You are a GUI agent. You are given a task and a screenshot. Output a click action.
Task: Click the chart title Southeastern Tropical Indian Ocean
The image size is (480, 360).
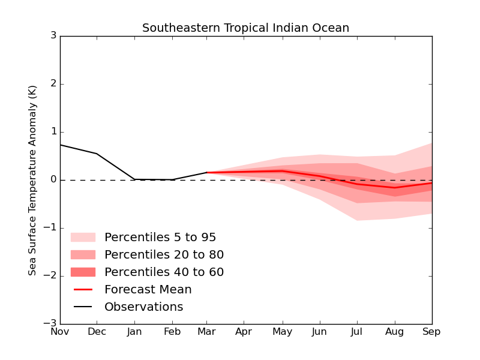pos(245,28)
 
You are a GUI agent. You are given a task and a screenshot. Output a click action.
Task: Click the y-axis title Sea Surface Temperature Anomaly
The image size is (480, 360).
pos(33,180)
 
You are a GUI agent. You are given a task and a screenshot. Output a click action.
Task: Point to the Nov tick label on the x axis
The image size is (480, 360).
pos(60,332)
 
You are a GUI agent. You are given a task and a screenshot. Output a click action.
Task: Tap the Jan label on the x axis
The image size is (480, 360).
pos(134,332)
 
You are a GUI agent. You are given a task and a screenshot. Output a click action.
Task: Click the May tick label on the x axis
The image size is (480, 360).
pos(283,332)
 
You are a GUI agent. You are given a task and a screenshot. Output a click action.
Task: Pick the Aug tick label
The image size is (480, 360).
pos(395,332)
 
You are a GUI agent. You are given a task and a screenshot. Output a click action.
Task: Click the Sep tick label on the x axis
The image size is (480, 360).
pos(432,332)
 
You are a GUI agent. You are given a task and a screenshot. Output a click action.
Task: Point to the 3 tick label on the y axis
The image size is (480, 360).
pos(53,36)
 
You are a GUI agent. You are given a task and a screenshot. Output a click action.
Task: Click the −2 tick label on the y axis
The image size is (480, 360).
pos(50,276)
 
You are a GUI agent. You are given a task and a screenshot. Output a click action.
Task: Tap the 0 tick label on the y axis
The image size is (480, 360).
pos(53,180)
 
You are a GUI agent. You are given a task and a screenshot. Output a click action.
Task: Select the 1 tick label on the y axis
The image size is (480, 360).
pos(53,132)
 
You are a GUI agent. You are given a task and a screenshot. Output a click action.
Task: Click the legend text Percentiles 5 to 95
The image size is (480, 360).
pos(160,238)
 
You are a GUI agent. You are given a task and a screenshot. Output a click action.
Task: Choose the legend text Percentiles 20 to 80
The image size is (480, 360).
pos(164,255)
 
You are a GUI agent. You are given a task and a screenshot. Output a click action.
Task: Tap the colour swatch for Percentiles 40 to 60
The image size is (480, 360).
pos(83,272)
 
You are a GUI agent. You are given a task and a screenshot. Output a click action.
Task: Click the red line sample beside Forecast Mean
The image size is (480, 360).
pos(83,290)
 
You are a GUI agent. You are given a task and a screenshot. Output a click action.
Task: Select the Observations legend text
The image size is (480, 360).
pos(144,307)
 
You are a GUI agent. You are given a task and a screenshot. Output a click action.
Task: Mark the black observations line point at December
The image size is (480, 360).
pos(97,154)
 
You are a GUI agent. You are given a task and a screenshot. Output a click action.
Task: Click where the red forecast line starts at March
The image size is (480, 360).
pos(207,173)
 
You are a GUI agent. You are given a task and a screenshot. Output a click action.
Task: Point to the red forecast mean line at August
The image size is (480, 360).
pos(395,188)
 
